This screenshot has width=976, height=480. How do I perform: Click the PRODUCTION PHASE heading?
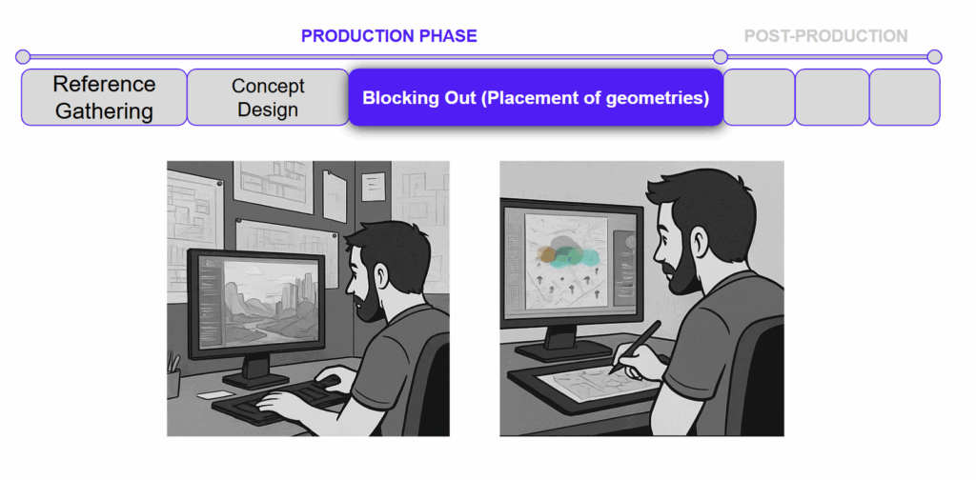point(389,36)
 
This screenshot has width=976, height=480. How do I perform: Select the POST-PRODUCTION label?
point(826,36)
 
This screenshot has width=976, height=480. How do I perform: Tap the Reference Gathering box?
point(104,97)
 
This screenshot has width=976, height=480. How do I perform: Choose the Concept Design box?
point(268,97)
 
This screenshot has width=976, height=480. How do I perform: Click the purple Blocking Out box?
point(536,97)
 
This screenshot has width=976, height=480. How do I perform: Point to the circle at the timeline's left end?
point(23,57)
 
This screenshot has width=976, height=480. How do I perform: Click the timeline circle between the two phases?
point(721,57)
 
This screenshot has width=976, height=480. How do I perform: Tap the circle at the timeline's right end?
point(934,57)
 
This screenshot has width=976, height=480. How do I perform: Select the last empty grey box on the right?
point(905,97)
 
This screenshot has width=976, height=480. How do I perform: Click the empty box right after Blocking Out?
point(760,97)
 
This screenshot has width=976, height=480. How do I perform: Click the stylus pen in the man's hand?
point(636,347)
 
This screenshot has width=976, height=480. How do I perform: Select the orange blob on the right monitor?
point(548,253)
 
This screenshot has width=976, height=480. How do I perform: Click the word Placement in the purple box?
point(519,98)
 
